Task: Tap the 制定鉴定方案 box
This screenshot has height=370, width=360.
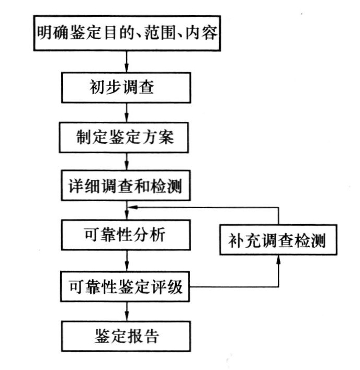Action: pyautogui.click(x=126, y=137)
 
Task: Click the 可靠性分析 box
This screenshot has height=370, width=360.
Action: pyautogui.click(x=126, y=236)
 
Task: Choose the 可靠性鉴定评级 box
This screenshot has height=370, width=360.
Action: pyautogui.click(x=126, y=286)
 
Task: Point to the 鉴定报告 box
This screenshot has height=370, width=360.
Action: pyautogui.click(x=126, y=336)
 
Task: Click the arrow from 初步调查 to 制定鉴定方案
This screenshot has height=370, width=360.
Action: pyautogui.click(x=126, y=112)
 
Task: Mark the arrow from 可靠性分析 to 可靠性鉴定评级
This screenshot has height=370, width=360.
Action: pyautogui.click(x=126, y=261)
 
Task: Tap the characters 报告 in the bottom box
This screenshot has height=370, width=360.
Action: pyautogui.click(x=144, y=336)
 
